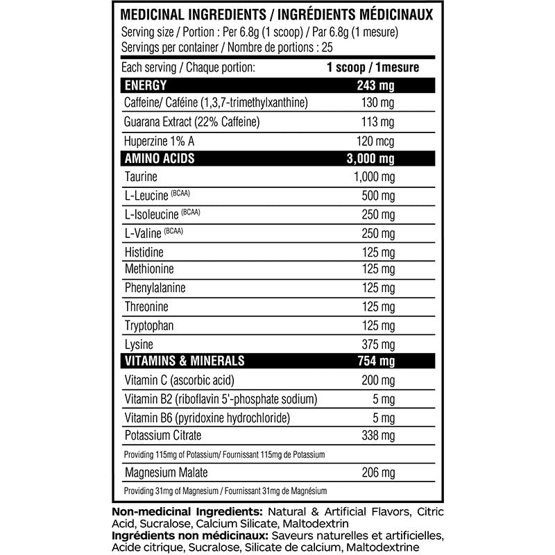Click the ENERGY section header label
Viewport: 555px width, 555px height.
145,86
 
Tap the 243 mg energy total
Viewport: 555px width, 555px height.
374,86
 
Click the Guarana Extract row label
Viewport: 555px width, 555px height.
191,123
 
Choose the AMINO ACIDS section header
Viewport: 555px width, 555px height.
159,159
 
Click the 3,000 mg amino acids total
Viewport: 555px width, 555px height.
374,159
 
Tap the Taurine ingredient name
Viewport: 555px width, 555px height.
142,178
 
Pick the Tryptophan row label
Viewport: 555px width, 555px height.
149,326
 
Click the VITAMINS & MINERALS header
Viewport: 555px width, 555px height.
184,361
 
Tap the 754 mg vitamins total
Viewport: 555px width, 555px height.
374,361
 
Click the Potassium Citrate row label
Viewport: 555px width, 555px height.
163,436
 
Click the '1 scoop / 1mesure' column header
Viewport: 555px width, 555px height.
373,68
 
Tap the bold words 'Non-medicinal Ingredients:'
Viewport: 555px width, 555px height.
182,512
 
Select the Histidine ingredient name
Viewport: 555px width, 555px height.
144,251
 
